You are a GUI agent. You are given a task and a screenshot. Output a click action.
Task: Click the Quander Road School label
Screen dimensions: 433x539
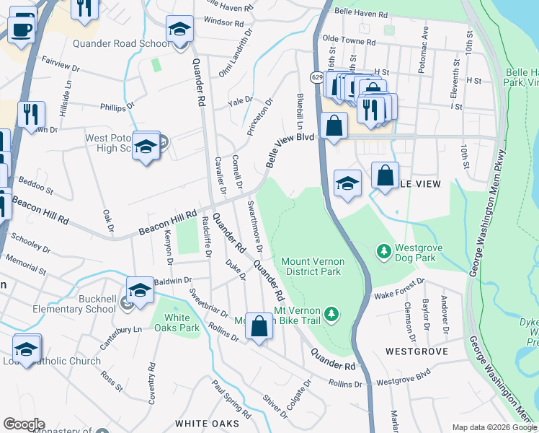coord(121,43)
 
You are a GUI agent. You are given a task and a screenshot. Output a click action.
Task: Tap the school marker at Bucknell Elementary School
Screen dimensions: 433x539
coord(140,292)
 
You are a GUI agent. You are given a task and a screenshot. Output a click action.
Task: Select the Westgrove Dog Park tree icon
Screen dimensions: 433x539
coord(384,252)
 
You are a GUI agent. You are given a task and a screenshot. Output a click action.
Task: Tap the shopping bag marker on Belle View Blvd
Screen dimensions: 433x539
coord(334,126)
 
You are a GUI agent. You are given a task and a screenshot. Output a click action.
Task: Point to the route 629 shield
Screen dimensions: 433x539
coord(317,76)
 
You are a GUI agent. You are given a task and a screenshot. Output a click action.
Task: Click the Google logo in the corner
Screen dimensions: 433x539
coord(24,424)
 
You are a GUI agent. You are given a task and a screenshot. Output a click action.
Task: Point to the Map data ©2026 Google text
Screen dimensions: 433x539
coord(494,427)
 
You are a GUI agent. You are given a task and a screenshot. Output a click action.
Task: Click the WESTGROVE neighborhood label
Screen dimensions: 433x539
coord(416,351)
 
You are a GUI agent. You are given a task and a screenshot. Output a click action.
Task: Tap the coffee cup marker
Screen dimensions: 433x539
coord(21,30)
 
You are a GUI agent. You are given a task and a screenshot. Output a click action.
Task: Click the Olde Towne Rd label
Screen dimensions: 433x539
coord(349,42)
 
